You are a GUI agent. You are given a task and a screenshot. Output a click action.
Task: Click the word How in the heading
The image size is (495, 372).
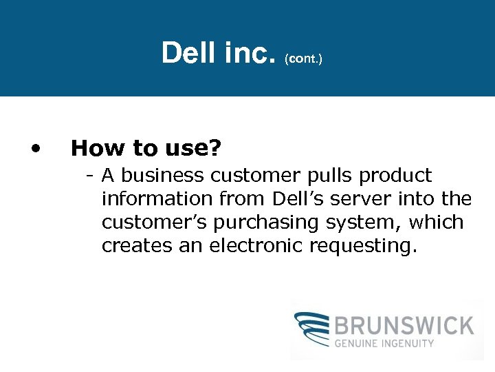tap(96, 147)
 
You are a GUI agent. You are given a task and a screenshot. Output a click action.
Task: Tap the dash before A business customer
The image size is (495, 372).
tap(90, 176)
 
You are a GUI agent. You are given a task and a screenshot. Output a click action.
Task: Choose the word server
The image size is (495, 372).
tap(367, 200)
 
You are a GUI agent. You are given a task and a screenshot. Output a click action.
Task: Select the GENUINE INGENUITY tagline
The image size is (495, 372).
tap(384, 342)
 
